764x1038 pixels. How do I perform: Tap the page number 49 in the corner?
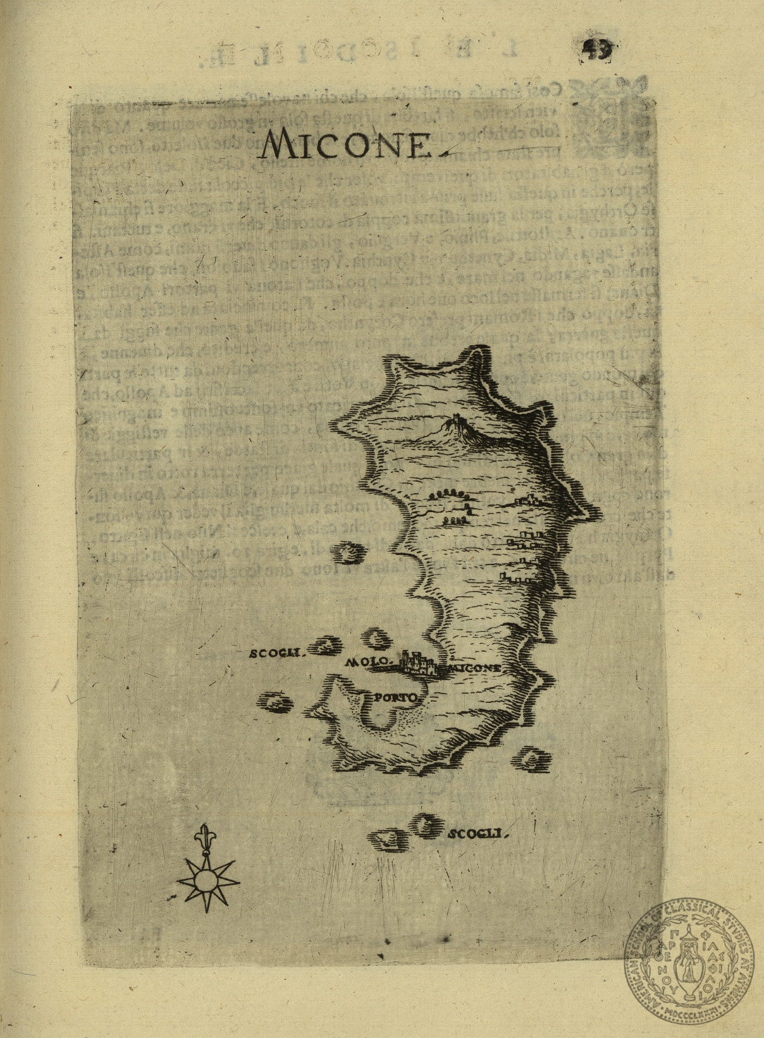coord(597,50)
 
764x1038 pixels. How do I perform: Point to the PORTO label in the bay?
coord(393,698)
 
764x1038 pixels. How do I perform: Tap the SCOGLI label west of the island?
coord(277,653)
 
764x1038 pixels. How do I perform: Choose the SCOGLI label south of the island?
coord(478,834)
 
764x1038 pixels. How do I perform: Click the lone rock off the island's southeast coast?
coord(531,758)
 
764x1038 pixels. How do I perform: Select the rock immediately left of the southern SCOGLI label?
coord(428,824)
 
